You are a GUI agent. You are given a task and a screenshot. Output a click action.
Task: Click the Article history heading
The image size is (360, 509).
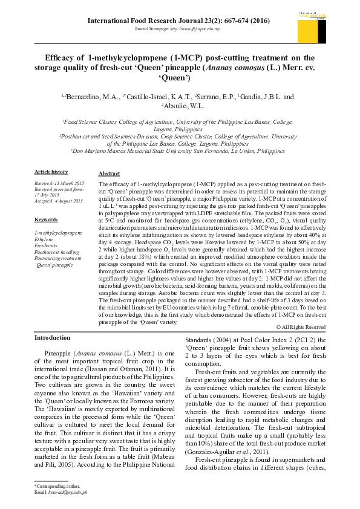point(51,172)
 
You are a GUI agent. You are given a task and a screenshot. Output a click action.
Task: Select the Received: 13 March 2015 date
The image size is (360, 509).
point(59,183)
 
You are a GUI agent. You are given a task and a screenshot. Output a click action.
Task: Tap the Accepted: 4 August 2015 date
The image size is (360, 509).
point(58,201)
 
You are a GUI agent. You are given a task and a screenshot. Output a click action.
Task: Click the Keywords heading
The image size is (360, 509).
point(45,219)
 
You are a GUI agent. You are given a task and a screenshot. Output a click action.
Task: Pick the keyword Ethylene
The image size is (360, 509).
point(44,239)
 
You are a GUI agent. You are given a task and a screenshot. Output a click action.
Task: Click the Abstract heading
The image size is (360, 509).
point(109,173)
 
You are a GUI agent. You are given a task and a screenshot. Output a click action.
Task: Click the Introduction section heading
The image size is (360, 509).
point(52,337)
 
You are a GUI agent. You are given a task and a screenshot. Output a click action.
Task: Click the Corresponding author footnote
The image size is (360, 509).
point(53,486)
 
